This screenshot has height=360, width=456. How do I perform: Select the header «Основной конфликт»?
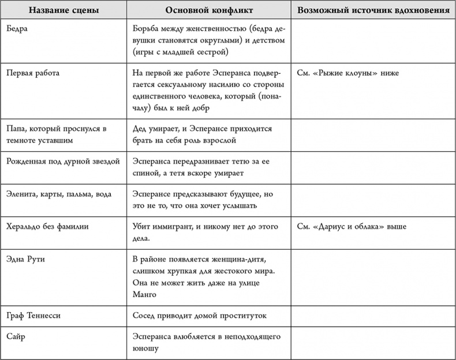pos(208,11)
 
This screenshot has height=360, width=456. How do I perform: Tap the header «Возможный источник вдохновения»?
pos(373,11)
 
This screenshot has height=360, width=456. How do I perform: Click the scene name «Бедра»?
pos(18,29)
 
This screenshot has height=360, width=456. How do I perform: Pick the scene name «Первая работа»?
pos(33,73)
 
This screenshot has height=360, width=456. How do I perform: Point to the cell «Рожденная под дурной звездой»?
pos(63,161)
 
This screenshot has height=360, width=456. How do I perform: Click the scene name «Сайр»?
pos(17,336)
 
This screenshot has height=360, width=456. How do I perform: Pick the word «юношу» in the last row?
pos(145,348)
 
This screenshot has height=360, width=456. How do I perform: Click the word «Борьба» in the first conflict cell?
pos(146,29)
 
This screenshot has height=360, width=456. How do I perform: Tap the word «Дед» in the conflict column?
pos(140,129)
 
